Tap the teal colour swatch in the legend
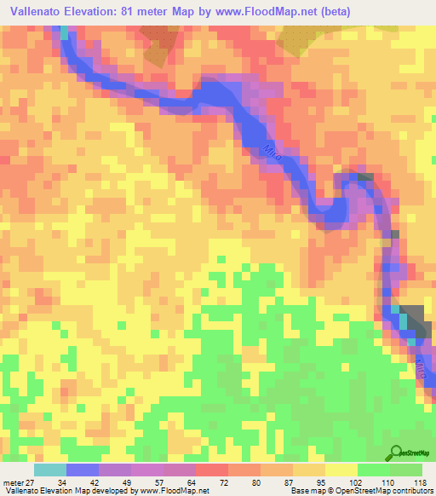pyautogui.click(x=50, y=469)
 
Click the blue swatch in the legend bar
pyautogui.click(x=83, y=469)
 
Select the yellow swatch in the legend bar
pyautogui.click(x=341, y=469)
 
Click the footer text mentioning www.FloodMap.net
pyautogui.click(x=106, y=491)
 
